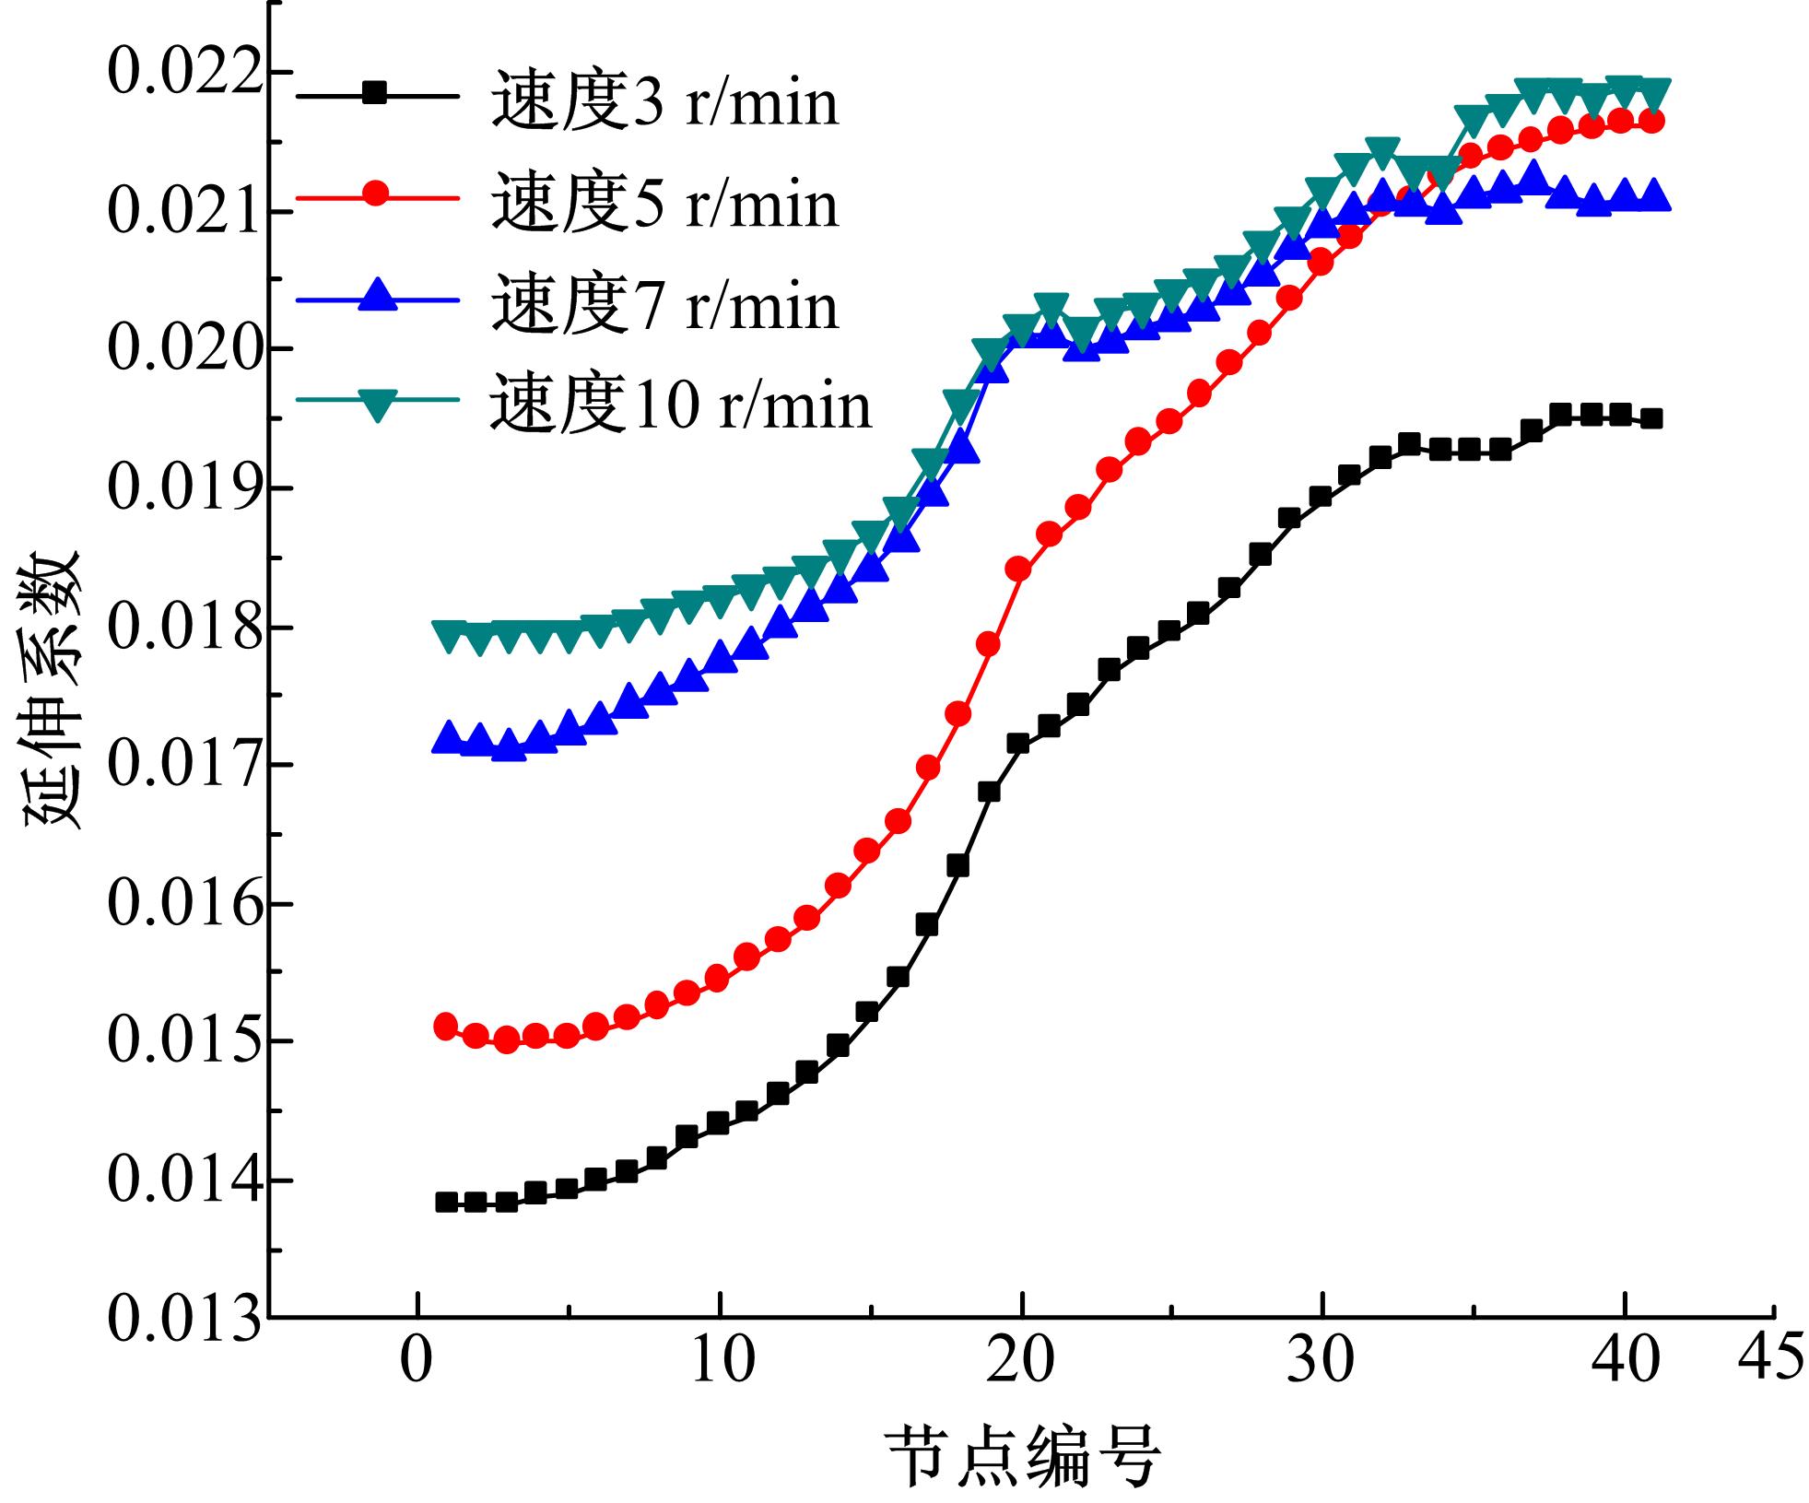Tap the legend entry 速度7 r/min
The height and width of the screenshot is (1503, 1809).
(664, 304)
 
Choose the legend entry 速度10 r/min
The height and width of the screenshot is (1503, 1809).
(680, 405)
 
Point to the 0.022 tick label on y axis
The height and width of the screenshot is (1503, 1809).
(182, 73)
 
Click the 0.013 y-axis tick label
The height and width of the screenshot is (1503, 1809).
(182, 1319)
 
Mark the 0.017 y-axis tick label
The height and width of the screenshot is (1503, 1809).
(182, 765)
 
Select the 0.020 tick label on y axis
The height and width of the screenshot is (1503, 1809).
(182, 349)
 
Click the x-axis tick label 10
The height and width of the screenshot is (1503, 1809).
(722, 1361)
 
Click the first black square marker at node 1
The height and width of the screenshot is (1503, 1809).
(447, 1202)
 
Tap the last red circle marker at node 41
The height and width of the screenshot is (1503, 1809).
(1651, 121)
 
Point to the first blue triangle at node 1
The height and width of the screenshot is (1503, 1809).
(447, 738)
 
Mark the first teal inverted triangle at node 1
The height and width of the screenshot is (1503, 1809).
(449, 636)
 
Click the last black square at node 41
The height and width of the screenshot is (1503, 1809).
(1651, 418)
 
